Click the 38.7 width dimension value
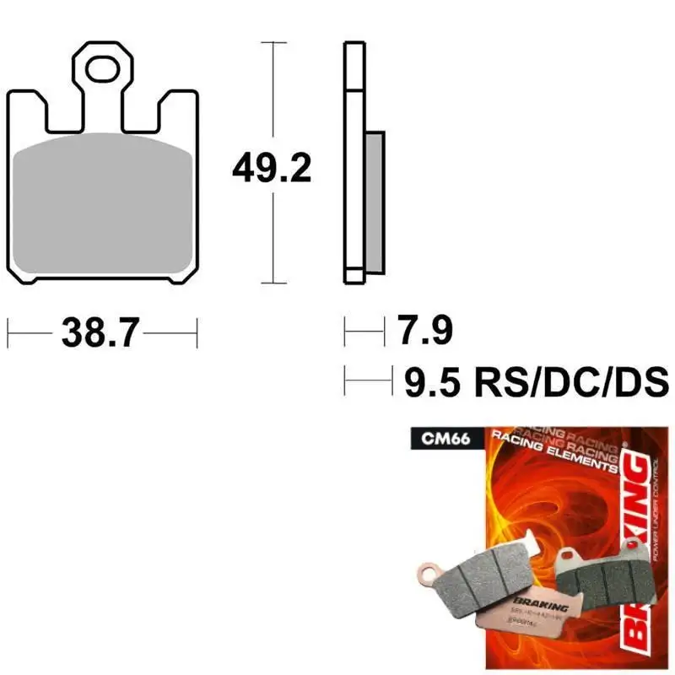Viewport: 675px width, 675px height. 100,333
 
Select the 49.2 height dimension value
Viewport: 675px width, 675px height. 272,170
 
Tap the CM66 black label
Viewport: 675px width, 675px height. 435,438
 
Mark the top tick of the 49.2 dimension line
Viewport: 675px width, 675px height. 272,40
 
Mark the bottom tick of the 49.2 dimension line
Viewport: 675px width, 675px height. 272,283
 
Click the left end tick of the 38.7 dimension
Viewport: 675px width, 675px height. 8,333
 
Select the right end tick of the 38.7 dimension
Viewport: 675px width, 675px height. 196,333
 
